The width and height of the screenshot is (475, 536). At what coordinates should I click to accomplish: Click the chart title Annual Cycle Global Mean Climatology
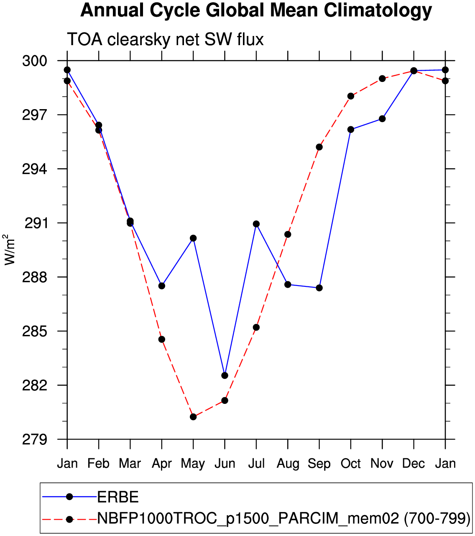[256, 11]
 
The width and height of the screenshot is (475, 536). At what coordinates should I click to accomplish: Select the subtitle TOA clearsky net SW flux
[165, 40]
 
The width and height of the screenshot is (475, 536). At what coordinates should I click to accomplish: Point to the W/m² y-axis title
[10, 250]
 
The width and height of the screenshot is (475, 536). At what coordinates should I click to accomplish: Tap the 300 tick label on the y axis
[35, 61]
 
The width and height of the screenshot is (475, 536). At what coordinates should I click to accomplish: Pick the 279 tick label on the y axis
[35, 440]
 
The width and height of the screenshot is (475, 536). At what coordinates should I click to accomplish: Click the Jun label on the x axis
[225, 464]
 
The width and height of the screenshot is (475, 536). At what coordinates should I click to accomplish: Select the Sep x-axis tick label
[319, 464]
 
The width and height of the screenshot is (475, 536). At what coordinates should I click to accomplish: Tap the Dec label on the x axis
[414, 464]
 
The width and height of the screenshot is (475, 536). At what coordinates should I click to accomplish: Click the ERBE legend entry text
[118, 497]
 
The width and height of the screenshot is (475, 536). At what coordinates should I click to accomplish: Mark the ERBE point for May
[193, 238]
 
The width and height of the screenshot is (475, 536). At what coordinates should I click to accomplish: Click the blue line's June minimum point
[225, 375]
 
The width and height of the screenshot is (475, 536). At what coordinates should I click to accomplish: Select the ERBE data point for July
[256, 224]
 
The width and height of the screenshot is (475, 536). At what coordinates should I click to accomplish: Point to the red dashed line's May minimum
[193, 417]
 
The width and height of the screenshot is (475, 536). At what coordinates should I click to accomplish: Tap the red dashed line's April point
[162, 339]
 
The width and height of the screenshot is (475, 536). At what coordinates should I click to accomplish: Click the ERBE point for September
[319, 288]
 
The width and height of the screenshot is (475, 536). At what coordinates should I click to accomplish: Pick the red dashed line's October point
[351, 96]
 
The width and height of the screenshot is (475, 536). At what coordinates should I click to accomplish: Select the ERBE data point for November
[382, 119]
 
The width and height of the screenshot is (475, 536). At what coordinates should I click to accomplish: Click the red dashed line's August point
[288, 235]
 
